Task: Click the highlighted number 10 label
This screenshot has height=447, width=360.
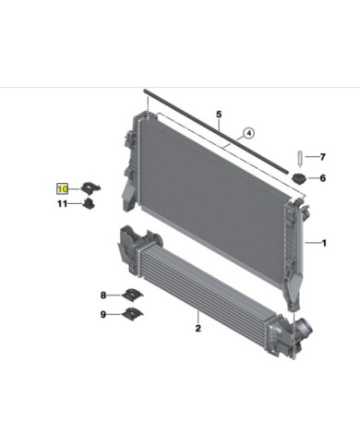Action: point(64,187)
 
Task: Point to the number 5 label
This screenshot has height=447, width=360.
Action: point(219,115)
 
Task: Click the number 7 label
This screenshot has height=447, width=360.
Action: point(322,157)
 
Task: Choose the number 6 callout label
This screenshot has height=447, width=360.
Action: point(322,179)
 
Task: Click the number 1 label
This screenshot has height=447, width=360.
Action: point(324,243)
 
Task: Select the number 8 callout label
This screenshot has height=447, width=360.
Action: point(103,296)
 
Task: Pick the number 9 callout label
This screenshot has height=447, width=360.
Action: point(103,316)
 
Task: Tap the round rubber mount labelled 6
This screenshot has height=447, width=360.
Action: point(299,178)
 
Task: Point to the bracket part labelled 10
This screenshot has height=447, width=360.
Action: point(91,187)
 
